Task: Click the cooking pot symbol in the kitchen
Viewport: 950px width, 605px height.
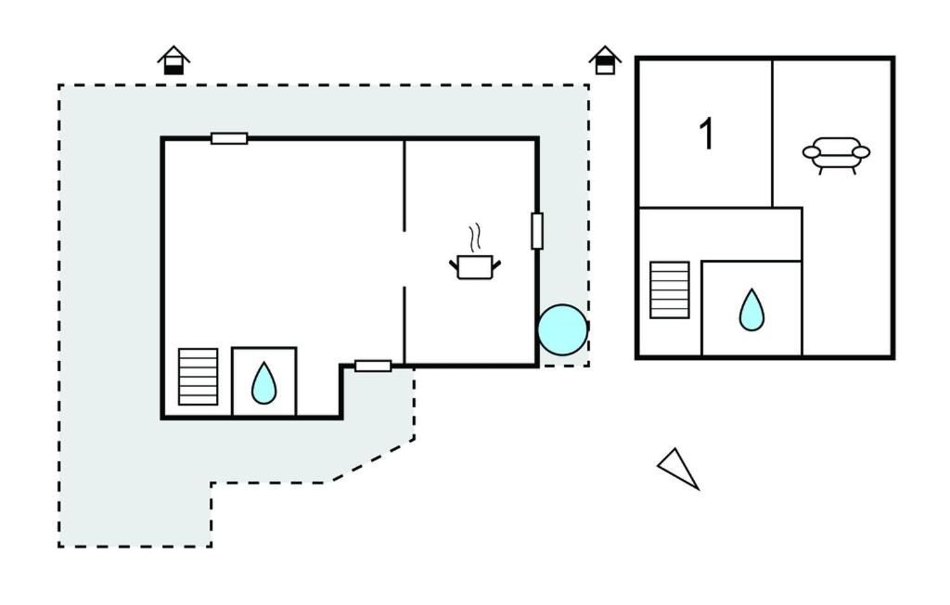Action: pyautogui.click(x=475, y=266)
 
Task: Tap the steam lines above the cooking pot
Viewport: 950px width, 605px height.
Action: pyautogui.click(x=476, y=238)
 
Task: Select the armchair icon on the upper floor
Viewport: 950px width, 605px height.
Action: pyautogui.click(x=836, y=155)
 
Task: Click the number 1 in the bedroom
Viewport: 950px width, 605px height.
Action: pyautogui.click(x=706, y=134)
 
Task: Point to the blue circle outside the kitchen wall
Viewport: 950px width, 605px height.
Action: pyautogui.click(x=563, y=329)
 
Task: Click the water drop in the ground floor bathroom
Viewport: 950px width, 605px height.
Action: pyautogui.click(x=264, y=383)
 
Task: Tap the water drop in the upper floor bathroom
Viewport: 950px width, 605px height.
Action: pyautogui.click(x=751, y=310)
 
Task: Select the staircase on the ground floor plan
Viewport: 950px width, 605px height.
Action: pyautogui.click(x=199, y=377)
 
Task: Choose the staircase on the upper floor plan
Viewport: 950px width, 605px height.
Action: pyautogui.click(x=670, y=290)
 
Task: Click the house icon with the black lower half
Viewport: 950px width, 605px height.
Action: pyautogui.click(x=173, y=60)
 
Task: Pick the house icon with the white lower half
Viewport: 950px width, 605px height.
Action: pyautogui.click(x=605, y=60)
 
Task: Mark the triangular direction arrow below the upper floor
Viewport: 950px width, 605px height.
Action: pyautogui.click(x=678, y=468)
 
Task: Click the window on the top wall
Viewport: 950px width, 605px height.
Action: pyautogui.click(x=229, y=139)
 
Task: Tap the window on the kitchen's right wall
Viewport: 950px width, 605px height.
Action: pyautogui.click(x=537, y=231)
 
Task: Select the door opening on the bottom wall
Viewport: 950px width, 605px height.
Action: pyautogui.click(x=373, y=367)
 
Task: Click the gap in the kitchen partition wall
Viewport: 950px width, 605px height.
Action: pyautogui.click(x=404, y=260)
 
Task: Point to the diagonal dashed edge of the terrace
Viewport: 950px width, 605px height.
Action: pyautogui.click(x=373, y=461)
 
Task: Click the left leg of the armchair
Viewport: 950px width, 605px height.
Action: pyautogui.click(x=821, y=171)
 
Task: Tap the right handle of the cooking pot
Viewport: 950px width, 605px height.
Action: pyautogui.click(x=496, y=264)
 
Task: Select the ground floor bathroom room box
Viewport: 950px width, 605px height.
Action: pyautogui.click(x=264, y=382)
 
